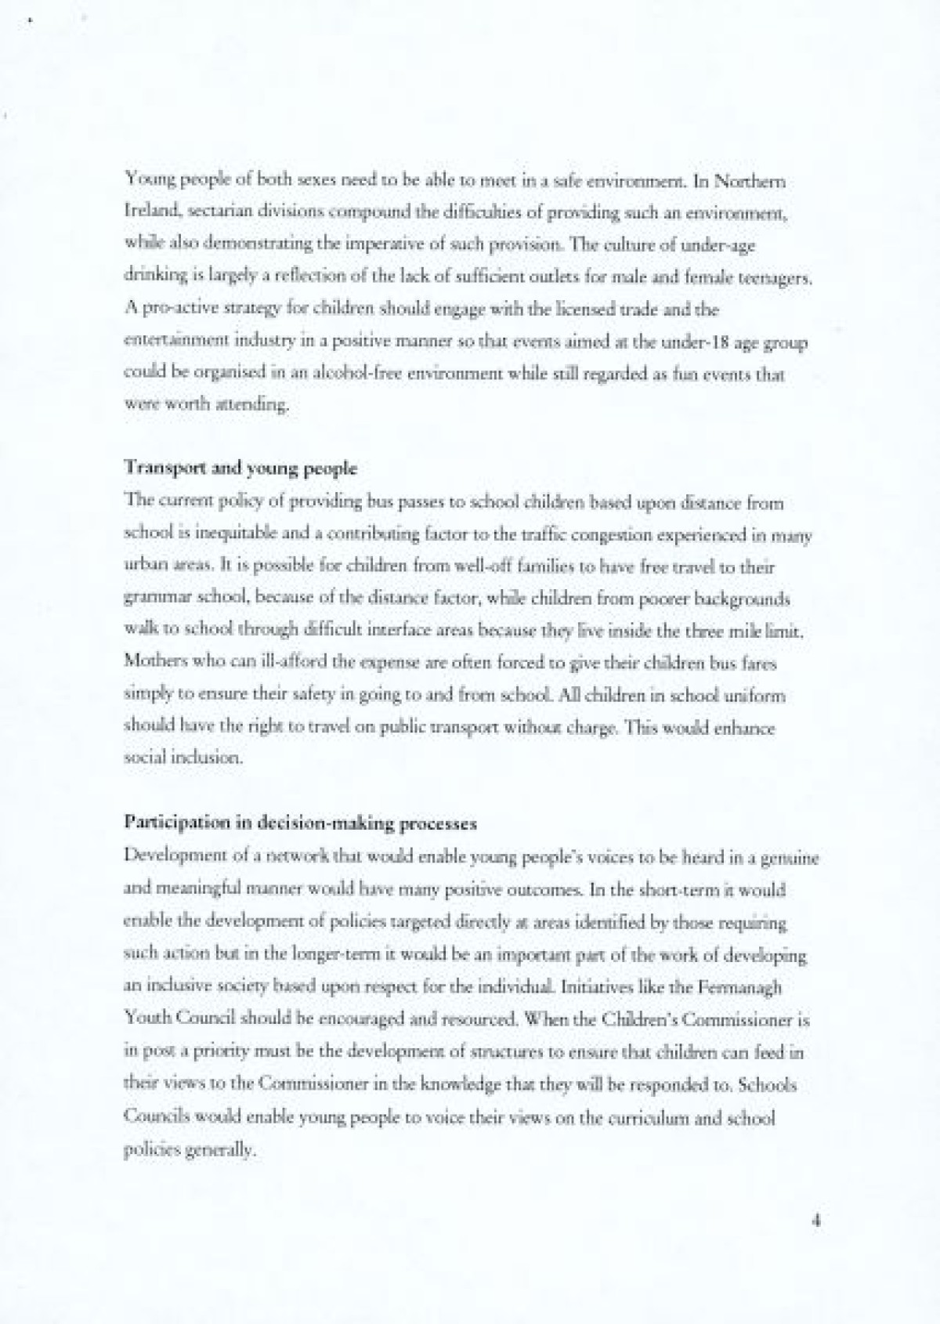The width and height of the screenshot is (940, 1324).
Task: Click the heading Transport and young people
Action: pyautogui.click(x=240, y=469)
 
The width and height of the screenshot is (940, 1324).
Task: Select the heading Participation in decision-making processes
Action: pyautogui.click(x=300, y=823)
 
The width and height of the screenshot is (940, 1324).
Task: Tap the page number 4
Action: pyautogui.click(x=816, y=1220)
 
